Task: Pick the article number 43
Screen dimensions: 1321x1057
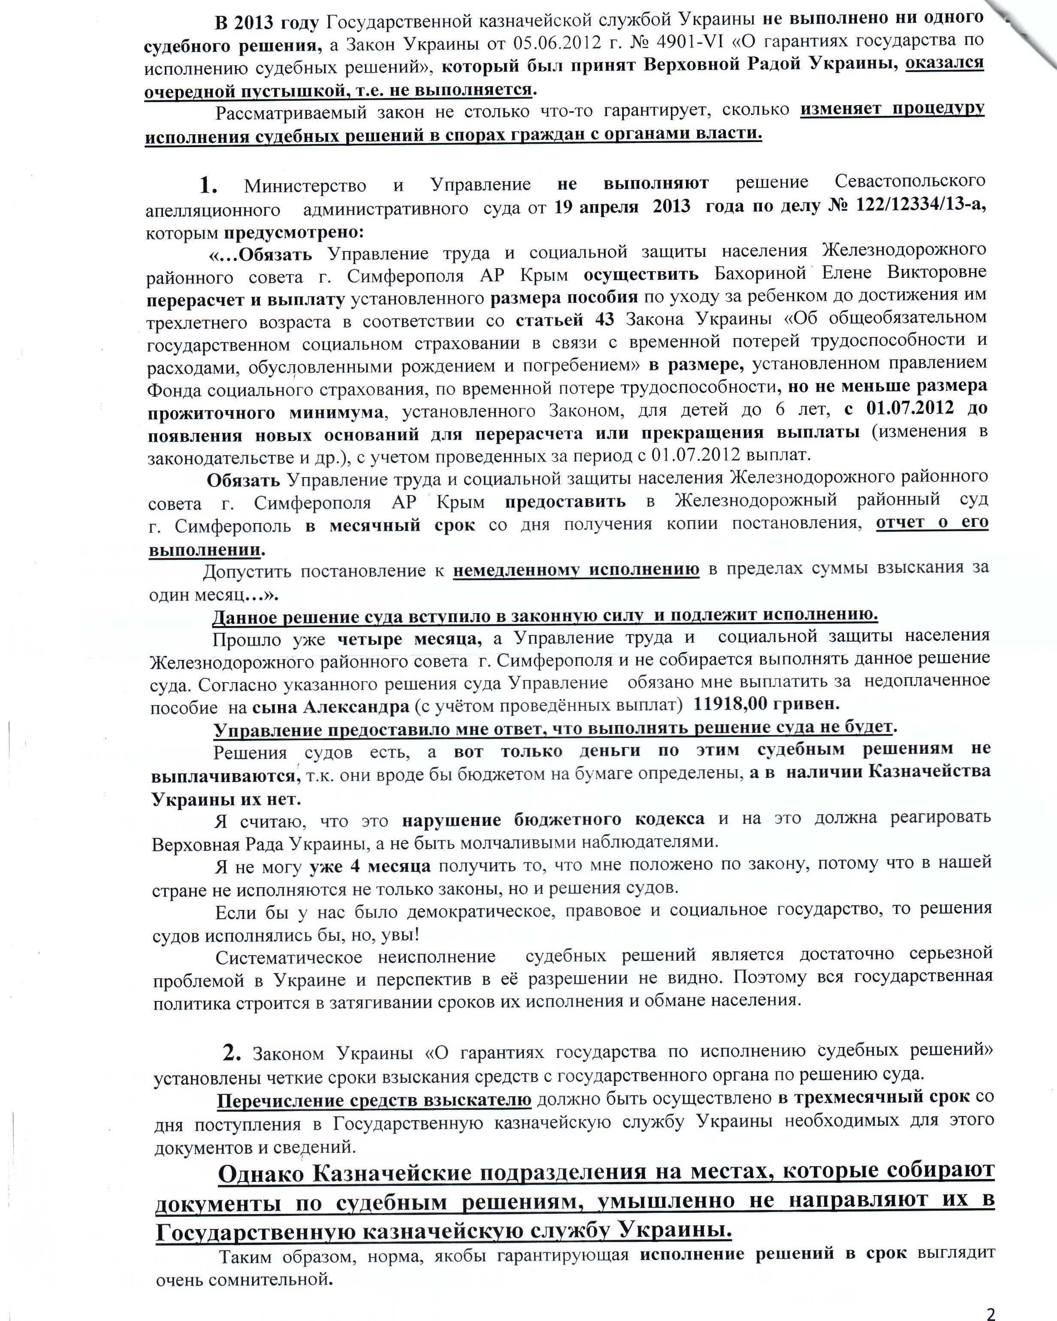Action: tap(604, 320)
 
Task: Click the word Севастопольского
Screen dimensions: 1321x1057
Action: tap(910, 182)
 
